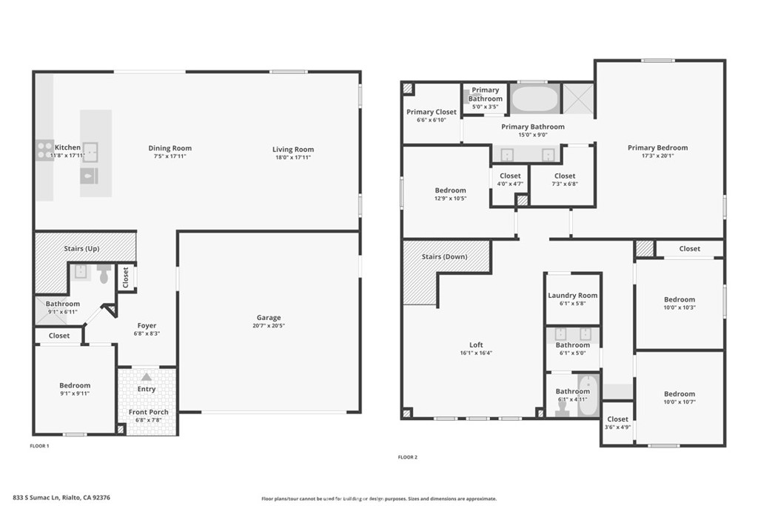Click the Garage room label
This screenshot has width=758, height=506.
(x=269, y=317)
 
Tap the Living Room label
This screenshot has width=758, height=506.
(x=293, y=150)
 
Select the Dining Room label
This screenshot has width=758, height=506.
(x=170, y=148)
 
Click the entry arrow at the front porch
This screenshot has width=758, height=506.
(x=147, y=377)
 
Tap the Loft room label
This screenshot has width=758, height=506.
(x=476, y=345)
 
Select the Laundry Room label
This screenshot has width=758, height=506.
(x=572, y=296)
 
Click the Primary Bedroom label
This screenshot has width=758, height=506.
(x=657, y=147)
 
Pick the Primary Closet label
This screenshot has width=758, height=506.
(x=431, y=113)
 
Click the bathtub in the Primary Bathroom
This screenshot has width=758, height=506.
(x=534, y=99)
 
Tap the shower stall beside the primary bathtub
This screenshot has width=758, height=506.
(x=578, y=99)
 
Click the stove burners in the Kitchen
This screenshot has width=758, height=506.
(x=44, y=150)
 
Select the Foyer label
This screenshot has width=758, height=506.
(x=147, y=326)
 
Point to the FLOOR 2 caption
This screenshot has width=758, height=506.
(x=407, y=457)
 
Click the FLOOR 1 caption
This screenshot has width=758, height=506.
(x=39, y=446)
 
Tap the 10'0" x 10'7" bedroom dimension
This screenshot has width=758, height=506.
(x=679, y=402)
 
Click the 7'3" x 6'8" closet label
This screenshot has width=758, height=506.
(x=564, y=184)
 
